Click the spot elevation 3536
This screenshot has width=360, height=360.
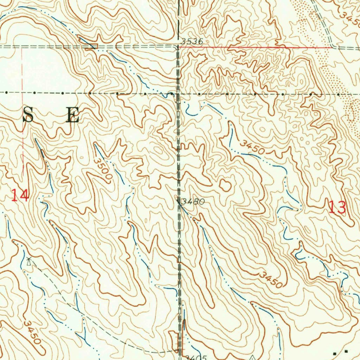click(192, 41)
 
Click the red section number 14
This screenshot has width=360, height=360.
click(19, 195)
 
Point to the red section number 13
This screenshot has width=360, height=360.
click(337, 207)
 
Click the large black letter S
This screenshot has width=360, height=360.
click(28, 115)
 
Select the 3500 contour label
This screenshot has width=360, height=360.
click(103, 169)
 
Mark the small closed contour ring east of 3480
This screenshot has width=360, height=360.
click(225, 185)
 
